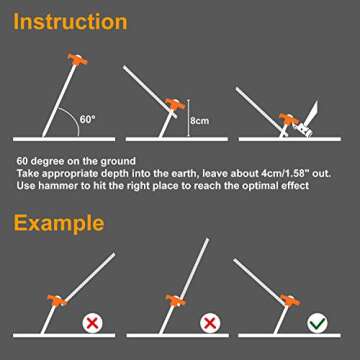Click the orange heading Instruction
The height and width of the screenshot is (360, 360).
click(x=70, y=22)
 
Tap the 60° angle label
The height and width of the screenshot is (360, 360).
click(x=88, y=120)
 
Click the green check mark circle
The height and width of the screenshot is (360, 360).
click(x=315, y=323)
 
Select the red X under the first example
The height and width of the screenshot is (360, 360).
click(x=91, y=323)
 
